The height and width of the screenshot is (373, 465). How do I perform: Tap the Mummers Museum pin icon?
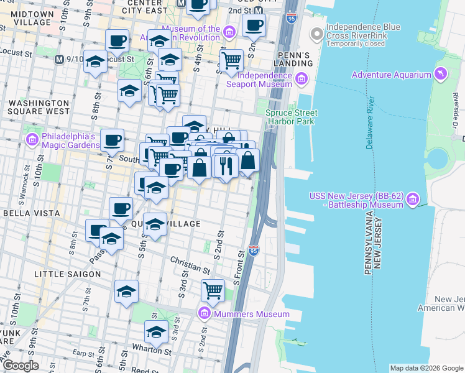204,313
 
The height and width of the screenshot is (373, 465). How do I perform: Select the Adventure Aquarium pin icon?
441,74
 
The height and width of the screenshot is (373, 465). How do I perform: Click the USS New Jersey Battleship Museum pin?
413,200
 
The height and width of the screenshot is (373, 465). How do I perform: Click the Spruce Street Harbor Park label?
291,117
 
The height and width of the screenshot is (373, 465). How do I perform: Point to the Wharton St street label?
149,351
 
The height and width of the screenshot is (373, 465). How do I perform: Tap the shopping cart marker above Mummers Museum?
213,290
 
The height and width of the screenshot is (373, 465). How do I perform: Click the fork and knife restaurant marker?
225,165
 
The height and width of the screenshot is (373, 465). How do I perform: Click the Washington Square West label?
39,107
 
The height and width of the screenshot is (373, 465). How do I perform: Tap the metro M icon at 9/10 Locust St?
59,59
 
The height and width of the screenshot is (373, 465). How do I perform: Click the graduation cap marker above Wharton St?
156,331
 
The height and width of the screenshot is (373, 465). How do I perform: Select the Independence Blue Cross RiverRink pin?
317,32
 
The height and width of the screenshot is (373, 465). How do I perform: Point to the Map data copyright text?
426,368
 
